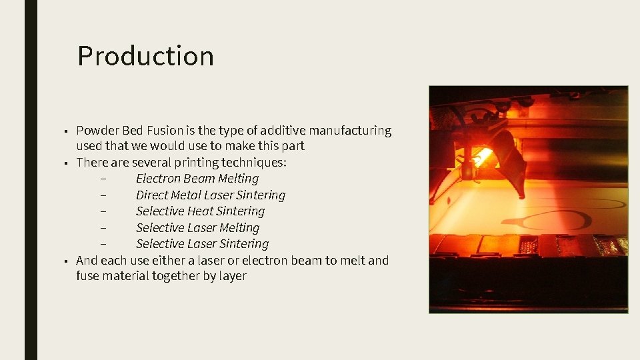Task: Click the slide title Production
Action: pyautogui.click(x=145, y=56)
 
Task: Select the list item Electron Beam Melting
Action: pyautogui.click(x=197, y=179)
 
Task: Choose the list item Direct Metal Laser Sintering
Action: pyautogui.click(x=210, y=195)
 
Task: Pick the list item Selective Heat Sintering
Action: pyautogui.click(x=200, y=211)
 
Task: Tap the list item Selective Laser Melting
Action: pyautogui.click(x=197, y=228)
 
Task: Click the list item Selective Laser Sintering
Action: pyautogui.click(x=202, y=244)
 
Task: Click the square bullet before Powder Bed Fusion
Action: pyautogui.click(x=66, y=131)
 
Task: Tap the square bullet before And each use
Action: pyautogui.click(x=66, y=261)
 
